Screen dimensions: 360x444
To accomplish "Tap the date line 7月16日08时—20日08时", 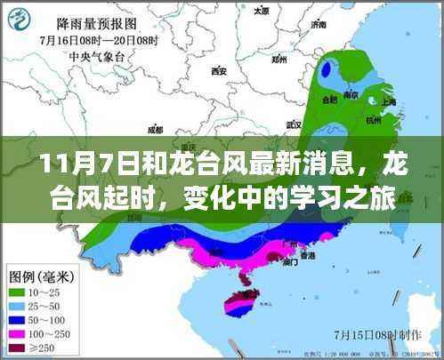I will point(92,42).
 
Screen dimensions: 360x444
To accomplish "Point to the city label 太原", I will point(261,12).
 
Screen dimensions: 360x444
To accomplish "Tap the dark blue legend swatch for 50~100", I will point(20,320).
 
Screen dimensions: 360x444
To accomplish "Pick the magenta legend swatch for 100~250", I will point(20,335).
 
